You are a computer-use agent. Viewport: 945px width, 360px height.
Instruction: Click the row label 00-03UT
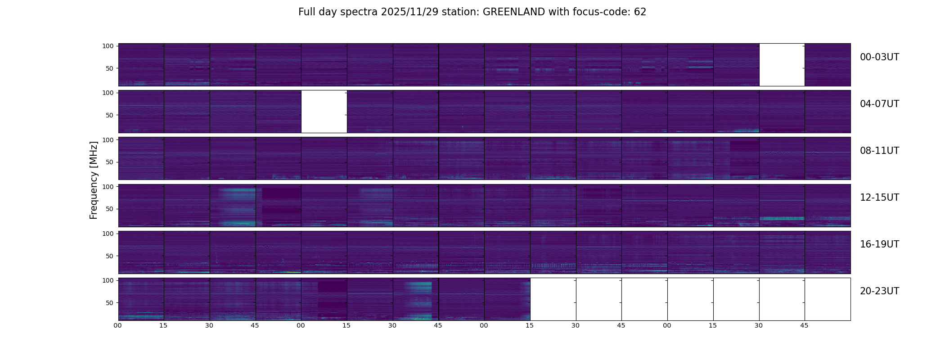click(879, 57)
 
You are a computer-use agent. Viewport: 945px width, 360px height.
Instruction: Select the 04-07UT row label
click(879, 104)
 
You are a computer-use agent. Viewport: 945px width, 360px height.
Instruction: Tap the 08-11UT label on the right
click(879, 151)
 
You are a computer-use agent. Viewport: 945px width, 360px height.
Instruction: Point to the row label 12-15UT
click(879, 198)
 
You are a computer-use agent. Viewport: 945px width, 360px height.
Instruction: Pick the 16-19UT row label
click(879, 244)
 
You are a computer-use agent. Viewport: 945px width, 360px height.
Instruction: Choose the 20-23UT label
click(879, 291)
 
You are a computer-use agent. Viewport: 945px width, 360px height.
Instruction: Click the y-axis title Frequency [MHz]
click(94, 180)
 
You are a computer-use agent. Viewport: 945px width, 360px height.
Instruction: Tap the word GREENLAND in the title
click(513, 12)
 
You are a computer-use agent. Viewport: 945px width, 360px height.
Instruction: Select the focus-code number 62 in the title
click(640, 12)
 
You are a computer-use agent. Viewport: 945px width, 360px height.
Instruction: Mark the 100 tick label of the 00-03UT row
click(108, 46)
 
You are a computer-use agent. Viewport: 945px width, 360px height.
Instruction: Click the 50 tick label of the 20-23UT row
click(110, 303)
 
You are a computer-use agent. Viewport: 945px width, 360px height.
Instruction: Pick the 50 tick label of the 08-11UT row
click(110, 162)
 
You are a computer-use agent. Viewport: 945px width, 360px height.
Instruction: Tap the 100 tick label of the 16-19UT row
click(108, 234)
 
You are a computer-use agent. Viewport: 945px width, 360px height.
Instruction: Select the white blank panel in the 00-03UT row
click(782, 65)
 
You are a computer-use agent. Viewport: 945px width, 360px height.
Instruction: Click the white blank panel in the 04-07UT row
click(324, 112)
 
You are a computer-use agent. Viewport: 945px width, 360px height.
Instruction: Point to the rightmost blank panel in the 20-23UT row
click(828, 299)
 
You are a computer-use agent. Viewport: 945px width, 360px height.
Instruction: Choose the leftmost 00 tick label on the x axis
click(117, 325)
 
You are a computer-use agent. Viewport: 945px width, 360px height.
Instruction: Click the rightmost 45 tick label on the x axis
click(804, 325)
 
